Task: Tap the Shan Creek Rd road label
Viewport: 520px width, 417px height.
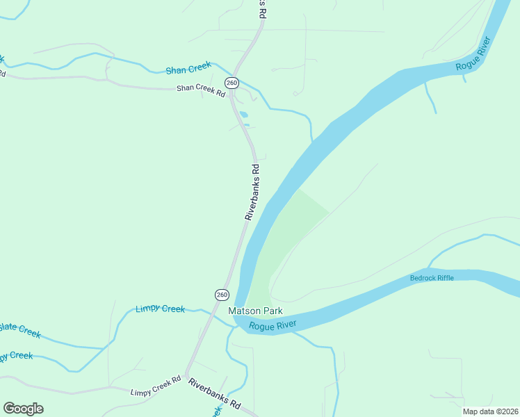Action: click(201, 89)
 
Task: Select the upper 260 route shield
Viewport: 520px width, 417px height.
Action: click(232, 83)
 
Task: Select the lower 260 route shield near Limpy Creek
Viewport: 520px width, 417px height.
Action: click(221, 295)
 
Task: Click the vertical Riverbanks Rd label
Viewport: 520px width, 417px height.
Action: click(252, 192)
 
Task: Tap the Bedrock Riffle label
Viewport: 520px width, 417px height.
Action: click(432, 278)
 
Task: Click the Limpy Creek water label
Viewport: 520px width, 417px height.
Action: click(160, 309)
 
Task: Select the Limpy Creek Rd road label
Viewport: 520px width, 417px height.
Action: click(156, 386)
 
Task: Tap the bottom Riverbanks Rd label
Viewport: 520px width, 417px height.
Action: click(214, 393)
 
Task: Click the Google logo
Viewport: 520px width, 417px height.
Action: click(23, 408)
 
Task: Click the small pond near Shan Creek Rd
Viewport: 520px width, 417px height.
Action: click(243, 115)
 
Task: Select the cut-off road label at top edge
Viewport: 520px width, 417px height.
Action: click(262, 8)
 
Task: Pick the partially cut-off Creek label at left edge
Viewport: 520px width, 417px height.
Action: click(15, 356)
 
